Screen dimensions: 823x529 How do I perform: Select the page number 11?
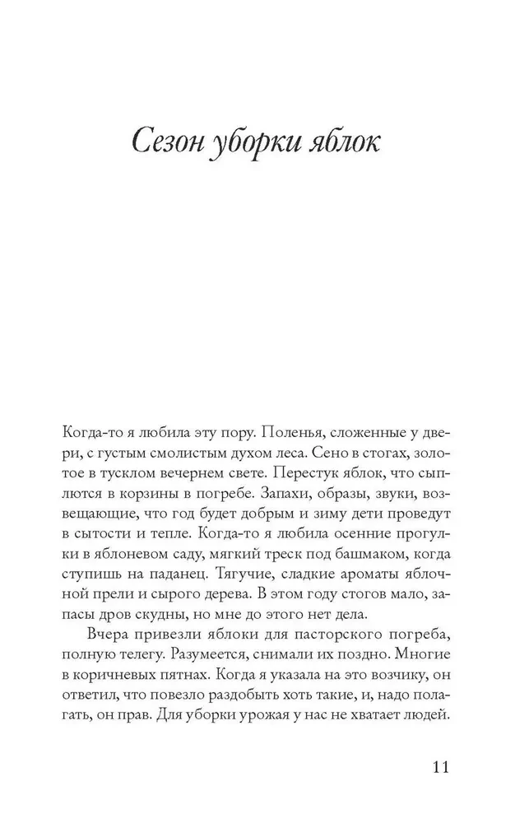[438, 768]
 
